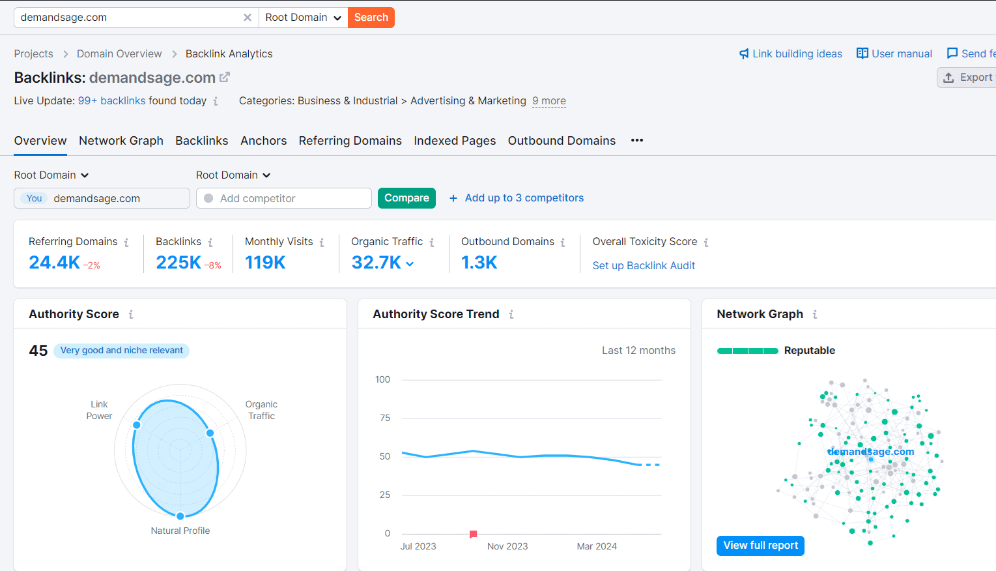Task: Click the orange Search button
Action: [x=371, y=18]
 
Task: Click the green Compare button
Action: [x=406, y=198]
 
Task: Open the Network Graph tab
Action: [x=121, y=141]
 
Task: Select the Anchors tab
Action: [x=263, y=141]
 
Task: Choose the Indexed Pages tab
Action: [x=455, y=141]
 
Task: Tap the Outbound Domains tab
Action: [x=562, y=141]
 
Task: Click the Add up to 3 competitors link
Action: [x=524, y=198]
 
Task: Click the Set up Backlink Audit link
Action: [x=644, y=265]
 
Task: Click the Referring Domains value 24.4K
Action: [x=54, y=263]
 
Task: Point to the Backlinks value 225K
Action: [x=178, y=263]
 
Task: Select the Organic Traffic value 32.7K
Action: [x=377, y=263]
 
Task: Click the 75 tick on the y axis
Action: [x=385, y=418]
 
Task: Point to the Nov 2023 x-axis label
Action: [x=507, y=546]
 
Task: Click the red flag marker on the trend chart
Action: [x=474, y=534]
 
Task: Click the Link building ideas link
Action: [x=790, y=53]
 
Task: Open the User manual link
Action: [x=894, y=53]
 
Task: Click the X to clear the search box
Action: [x=248, y=18]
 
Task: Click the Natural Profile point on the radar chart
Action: [x=180, y=516]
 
